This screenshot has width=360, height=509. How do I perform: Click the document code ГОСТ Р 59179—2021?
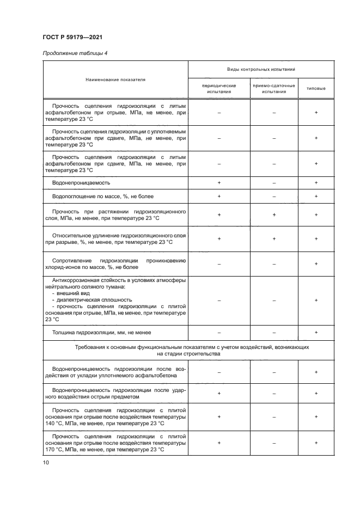tap(72, 37)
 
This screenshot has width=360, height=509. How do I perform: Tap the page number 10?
tap(46, 462)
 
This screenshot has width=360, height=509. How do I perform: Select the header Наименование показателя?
tap(115, 79)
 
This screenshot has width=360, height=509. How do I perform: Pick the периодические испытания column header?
tap(219, 89)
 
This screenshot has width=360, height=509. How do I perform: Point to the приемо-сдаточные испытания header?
tap(274, 89)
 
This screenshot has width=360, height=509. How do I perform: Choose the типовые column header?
tap(316, 89)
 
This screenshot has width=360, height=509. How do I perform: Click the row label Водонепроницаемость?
tap(81, 183)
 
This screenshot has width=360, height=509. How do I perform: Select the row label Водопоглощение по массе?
tap(98, 197)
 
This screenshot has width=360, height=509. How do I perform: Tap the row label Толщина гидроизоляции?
tap(101, 332)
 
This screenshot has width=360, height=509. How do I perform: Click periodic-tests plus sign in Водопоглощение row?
tap(219, 197)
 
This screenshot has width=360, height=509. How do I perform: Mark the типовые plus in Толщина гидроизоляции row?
tap(316, 332)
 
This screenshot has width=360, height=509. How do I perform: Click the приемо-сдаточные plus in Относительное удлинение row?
tap(274, 238)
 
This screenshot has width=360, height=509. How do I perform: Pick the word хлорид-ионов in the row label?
tap(63, 267)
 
